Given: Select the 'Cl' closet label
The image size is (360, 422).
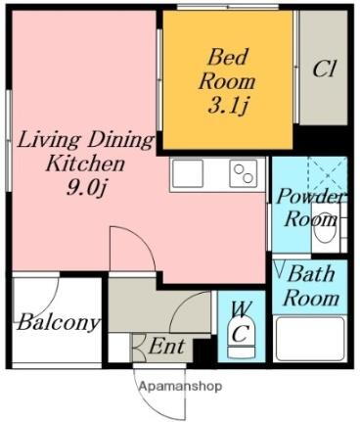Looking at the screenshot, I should [x=324, y=70].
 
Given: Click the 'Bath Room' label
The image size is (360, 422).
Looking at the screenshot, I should [x=312, y=286].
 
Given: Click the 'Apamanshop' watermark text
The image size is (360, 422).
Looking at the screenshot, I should [x=179, y=386].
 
